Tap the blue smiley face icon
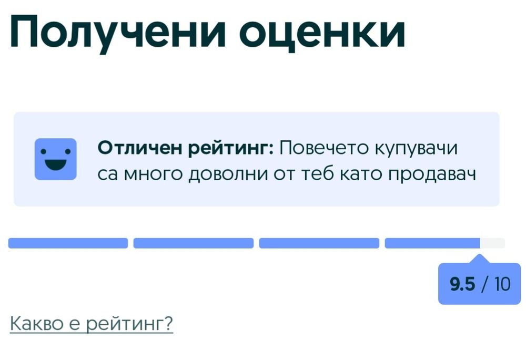click(x=56, y=159)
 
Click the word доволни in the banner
click(x=229, y=174)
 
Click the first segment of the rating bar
click(x=68, y=243)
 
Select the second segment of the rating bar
click(x=193, y=243)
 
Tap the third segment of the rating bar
click(x=319, y=243)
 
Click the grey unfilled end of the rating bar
click(x=492, y=243)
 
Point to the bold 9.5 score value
click(x=462, y=284)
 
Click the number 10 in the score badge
click(x=502, y=284)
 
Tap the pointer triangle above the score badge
click(x=480, y=259)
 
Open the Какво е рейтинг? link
click(x=92, y=323)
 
